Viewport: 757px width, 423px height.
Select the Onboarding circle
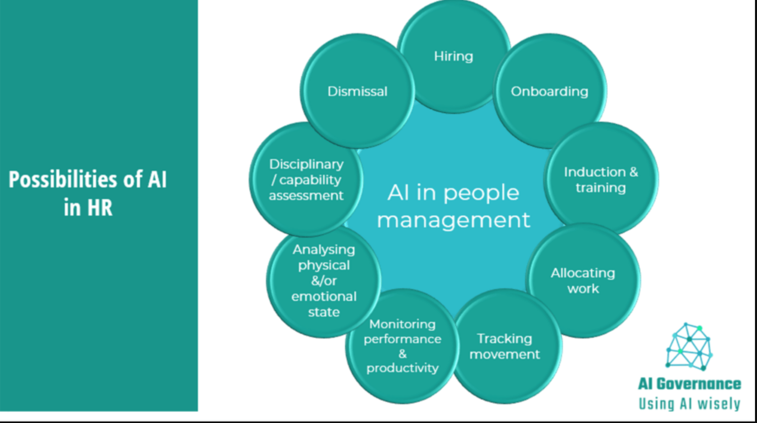pyautogui.click(x=550, y=91)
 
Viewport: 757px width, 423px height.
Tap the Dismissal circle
pyautogui.click(x=357, y=91)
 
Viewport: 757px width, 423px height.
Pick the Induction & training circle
pyautogui.click(x=601, y=179)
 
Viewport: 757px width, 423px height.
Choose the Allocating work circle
pyautogui.click(x=583, y=281)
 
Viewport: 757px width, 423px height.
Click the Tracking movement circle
pyautogui.click(x=505, y=346)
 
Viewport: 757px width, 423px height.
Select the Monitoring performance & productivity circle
pyautogui.click(x=402, y=346)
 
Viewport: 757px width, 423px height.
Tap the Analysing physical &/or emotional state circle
pyautogui.click(x=324, y=281)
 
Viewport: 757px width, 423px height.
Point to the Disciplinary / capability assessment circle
pyautogui.click(x=306, y=179)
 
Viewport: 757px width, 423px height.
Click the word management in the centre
pyautogui.click(x=453, y=220)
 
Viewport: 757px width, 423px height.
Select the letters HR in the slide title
pyautogui.click(x=100, y=207)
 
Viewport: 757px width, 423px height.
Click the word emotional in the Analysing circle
pyautogui.click(x=324, y=296)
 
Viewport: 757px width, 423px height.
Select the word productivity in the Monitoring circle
pyautogui.click(x=402, y=368)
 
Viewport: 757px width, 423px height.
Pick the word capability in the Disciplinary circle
pyautogui.click(x=310, y=180)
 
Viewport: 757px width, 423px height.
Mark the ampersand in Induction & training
pyautogui.click(x=634, y=172)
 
